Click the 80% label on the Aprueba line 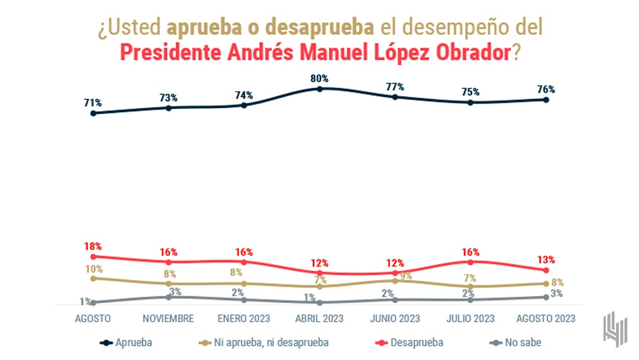319,79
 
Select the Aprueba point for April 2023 319,89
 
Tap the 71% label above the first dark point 92,103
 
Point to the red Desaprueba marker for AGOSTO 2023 546,270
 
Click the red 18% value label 93,246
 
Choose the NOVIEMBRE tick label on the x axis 169,319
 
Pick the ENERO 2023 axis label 244,319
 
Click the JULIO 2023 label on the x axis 470,319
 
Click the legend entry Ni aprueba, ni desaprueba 264,342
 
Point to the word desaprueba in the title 319,27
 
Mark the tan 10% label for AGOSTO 93,269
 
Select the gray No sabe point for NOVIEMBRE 169,297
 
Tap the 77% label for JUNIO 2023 395,86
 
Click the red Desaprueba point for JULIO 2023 470,262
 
